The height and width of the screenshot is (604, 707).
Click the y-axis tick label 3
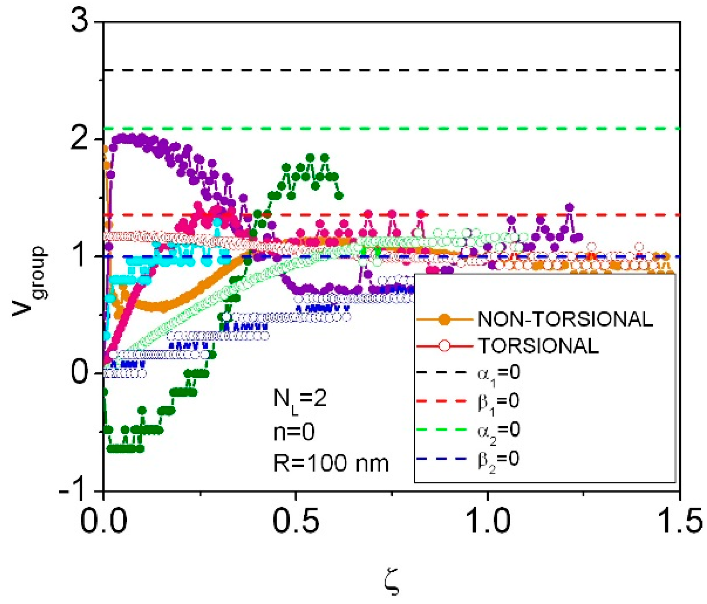point(79,24)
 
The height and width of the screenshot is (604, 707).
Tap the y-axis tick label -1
point(73,491)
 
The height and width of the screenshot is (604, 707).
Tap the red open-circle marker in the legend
point(444,346)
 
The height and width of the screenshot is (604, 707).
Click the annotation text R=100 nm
point(331,464)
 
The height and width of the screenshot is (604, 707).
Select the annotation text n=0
point(294,432)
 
